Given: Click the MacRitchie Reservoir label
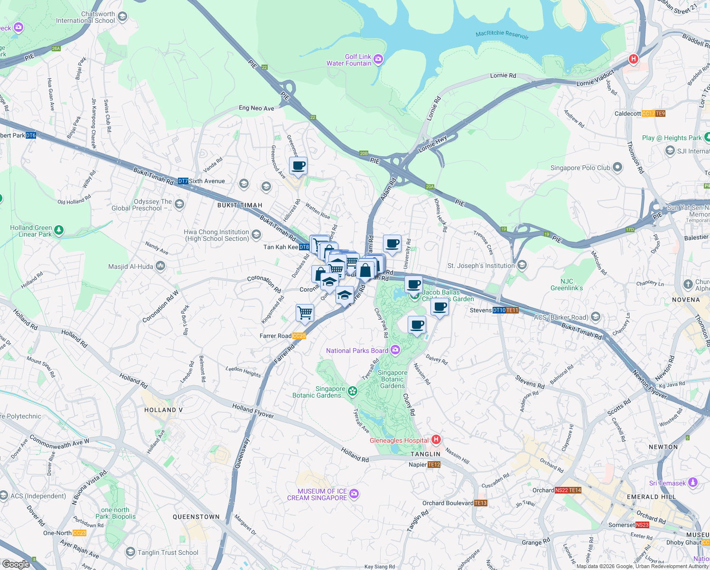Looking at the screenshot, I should coord(502,34).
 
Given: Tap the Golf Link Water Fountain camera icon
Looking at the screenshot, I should coord(378,59).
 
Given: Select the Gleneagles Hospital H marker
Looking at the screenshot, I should coord(436,439).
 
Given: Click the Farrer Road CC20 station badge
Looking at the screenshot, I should coord(299,336).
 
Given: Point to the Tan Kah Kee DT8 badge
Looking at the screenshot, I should coord(304,247).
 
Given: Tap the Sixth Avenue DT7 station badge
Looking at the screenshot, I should coord(183,181).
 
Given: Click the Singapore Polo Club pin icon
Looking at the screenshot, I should coord(617,167).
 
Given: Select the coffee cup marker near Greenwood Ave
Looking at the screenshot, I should coord(298,166).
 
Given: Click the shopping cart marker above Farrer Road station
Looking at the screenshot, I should coord(305,313).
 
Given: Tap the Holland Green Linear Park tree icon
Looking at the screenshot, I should coord(58,230).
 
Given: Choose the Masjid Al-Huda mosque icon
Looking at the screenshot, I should coord(160,266).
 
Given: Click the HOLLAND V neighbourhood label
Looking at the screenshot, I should coord(163,410).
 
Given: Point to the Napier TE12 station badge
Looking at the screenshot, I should coord(434,465).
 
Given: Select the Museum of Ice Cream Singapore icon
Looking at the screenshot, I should coord(354,494).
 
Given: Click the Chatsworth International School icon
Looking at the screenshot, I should coord(122,17).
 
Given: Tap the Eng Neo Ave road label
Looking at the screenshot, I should coord(256,108).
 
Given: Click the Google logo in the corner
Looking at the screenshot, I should coord(16,564).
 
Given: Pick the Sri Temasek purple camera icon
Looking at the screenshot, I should coord(693,483).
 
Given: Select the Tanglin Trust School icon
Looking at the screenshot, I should coord(131,552).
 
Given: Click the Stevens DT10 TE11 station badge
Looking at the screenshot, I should coord(505,310).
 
